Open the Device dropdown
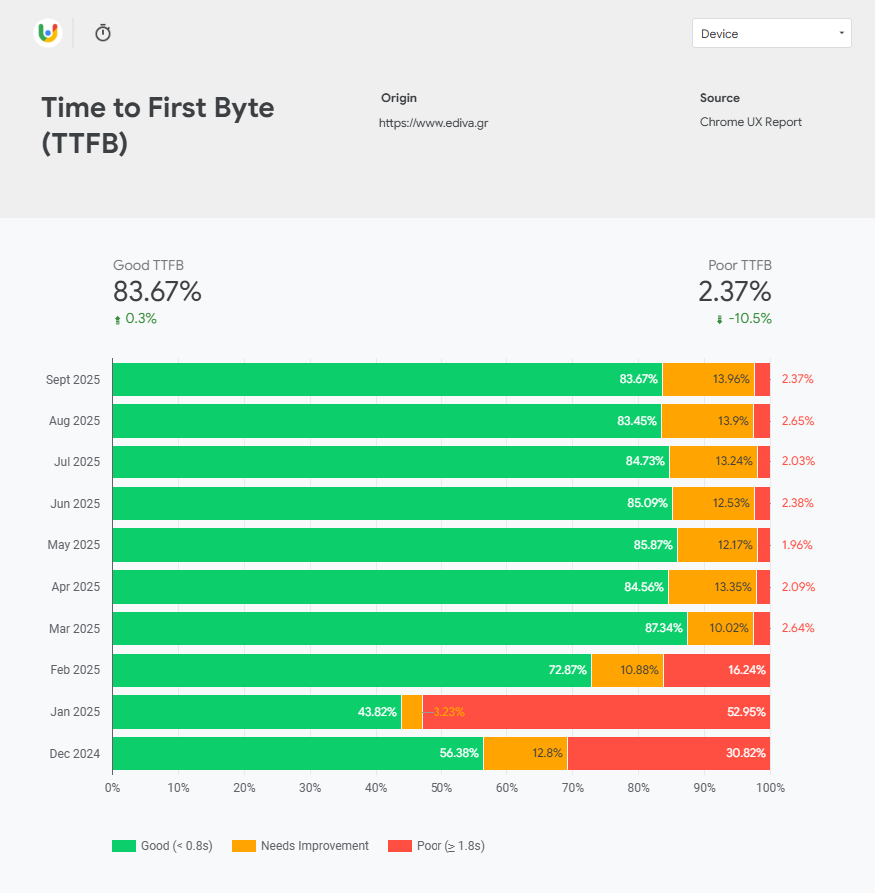pyautogui.click(x=771, y=33)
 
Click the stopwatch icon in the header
pyautogui.click(x=103, y=33)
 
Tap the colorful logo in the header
pyautogui.click(x=47, y=33)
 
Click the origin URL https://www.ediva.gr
pyautogui.click(x=434, y=123)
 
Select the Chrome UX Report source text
pyautogui.click(x=750, y=122)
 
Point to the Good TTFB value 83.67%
pyautogui.click(x=157, y=292)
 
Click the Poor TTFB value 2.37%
pyautogui.click(x=734, y=292)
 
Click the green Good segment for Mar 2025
pyautogui.click(x=400, y=628)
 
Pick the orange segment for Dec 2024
pyautogui.click(x=525, y=753)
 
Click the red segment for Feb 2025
pyautogui.click(x=716, y=670)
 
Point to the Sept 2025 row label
pyautogui.click(x=73, y=380)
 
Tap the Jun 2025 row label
pyautogui.click(x=75, y=504)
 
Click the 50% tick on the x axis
pyautogui.click(x=440, y=788)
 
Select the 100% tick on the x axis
pyautogui.click(x=769, y=788)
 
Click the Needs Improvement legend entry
pyautogui.click(x=301, y=846)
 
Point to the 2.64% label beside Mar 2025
pyautogui.click(x=797, y=628)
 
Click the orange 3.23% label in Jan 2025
pyautogui.click(x=448, y=712)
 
